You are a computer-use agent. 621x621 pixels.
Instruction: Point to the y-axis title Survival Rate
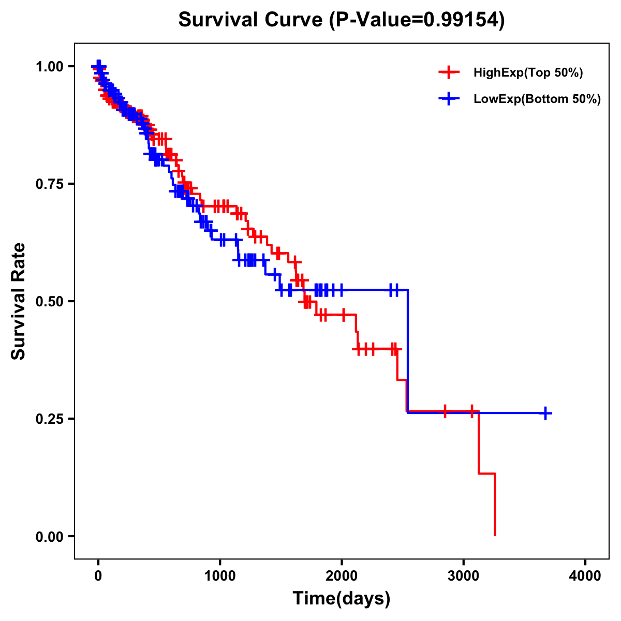tap(19, 301)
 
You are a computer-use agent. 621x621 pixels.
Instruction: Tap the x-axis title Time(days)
tap(341, 598)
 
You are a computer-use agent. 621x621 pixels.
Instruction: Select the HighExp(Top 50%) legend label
tap(528, 73)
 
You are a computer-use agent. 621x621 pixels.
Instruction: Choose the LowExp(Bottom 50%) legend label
tap(537, 99)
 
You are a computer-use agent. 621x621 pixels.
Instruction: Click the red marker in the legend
tap(449, 73)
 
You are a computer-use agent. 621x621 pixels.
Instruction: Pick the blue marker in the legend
tap(449, 99)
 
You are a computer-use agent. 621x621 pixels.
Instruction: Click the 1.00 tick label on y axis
tap(49, 66)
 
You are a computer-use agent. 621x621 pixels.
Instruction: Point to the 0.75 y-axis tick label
tap(49, 184)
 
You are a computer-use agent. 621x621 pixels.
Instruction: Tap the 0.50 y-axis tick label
tap(49, 301)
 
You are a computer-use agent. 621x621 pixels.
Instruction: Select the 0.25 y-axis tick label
tap(49, 419)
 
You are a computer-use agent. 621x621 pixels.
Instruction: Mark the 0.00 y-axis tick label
tap(49, 536)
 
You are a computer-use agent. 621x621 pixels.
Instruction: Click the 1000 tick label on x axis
tap(220, 575)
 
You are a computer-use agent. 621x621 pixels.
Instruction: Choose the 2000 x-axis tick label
tap(342, 575)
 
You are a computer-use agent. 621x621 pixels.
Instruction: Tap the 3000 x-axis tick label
tap(464, 575)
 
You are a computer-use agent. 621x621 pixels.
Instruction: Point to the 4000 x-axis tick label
tap(585, 575)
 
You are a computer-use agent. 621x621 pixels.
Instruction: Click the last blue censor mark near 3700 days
tap(545, 413)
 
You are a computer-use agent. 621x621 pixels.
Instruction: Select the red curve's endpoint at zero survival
tap(495, 535)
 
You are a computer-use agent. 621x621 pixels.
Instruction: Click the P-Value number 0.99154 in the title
tap(462, 20)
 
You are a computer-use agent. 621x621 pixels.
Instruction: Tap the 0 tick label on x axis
tap(98, 575)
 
